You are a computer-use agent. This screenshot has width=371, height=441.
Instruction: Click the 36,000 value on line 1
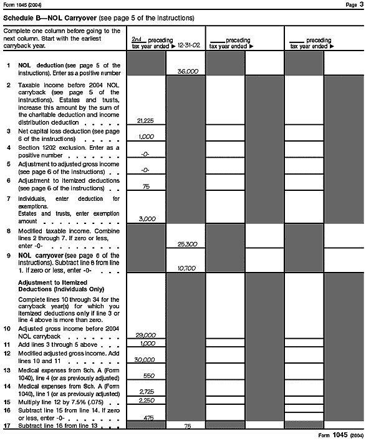(187, 72)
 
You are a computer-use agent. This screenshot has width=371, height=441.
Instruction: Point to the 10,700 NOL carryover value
(186, 268)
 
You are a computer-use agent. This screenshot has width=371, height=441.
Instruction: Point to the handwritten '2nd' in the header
(137, 39)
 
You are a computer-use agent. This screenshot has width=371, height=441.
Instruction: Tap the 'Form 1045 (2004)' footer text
(340, 435)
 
